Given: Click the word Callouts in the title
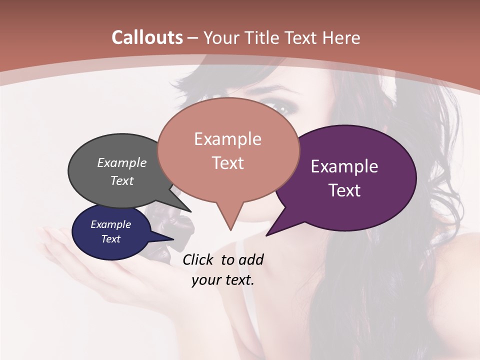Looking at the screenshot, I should tap(147, 37).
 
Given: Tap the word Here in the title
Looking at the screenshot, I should tap(342, 37).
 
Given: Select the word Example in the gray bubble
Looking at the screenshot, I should tap(122, 162).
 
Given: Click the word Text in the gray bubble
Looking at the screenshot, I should tap(122, 180).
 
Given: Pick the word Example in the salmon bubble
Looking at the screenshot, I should tap(227, 139).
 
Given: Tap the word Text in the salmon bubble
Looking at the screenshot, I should tap(227, 163).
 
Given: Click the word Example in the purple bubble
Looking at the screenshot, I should tap(344, 166).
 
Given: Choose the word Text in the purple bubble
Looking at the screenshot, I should tap(344, 190).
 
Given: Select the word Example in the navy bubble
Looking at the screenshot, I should tap(110, 224).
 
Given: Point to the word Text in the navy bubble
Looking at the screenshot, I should tap(110, 239).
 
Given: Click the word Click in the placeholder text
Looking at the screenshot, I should tap(198, 259).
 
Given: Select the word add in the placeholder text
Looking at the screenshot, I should tap(251, 259).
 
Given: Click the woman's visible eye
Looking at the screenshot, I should tap(280, 107).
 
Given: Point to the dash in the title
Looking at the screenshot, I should tap(193, 38).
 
